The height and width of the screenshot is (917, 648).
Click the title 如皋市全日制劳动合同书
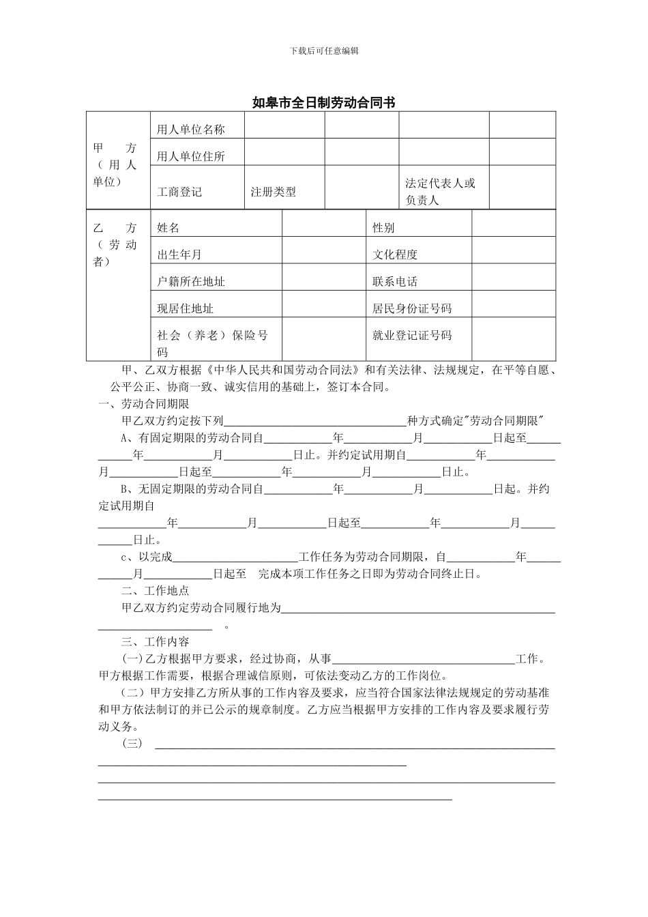[x=323, y=103]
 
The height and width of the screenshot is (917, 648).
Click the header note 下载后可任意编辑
[x=324, y=50]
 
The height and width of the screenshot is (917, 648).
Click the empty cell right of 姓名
[x=323, y=227]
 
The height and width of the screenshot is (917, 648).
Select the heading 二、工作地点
[x=155, y=591]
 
